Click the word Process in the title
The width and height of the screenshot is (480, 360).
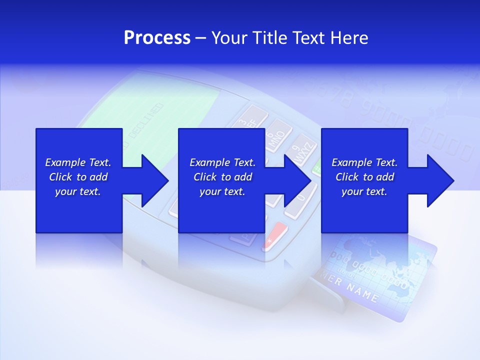(x=157, y=38)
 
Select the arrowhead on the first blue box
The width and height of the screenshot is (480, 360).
(x=152, y=180)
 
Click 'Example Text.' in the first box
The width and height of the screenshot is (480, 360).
(x=78, y=162)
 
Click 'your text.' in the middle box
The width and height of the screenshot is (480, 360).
(x=222, y=191)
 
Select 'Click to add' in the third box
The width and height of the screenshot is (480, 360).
(x=364, y=177)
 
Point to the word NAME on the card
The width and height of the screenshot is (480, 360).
(x=361, y=292)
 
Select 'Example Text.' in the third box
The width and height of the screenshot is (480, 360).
(x=364, y=162)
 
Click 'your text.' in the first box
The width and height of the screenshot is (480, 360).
(x=78, y=191)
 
